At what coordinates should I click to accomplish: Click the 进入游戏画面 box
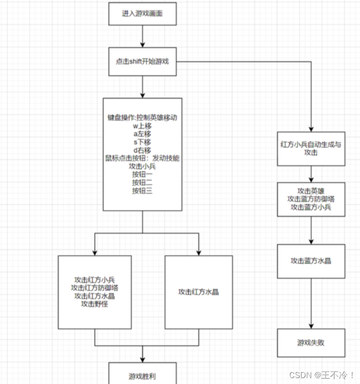pos(142,14)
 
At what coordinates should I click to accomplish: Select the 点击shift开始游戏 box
pos(142,62)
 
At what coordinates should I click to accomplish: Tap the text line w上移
pos(142,126)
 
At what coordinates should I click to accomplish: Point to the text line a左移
pos(142,134)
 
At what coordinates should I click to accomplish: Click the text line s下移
pos(142,142)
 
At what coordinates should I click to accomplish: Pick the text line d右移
pos(142,150)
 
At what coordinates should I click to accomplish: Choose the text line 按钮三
pos(142,191)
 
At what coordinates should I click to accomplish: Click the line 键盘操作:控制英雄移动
pos(142,118)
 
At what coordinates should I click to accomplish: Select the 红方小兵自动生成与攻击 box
pos(311,148)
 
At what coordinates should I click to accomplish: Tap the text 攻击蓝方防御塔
pos(311,199)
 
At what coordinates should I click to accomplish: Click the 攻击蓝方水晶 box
pos(311,261)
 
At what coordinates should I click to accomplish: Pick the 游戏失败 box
pos(311,342)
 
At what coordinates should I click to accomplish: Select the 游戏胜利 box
pos(142,376)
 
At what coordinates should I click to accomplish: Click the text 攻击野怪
pos(95,304)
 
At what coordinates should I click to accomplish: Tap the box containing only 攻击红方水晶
pos(198,292)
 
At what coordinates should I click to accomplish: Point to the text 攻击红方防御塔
pos(95,288)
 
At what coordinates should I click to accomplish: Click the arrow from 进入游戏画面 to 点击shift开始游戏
pos(142,36)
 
